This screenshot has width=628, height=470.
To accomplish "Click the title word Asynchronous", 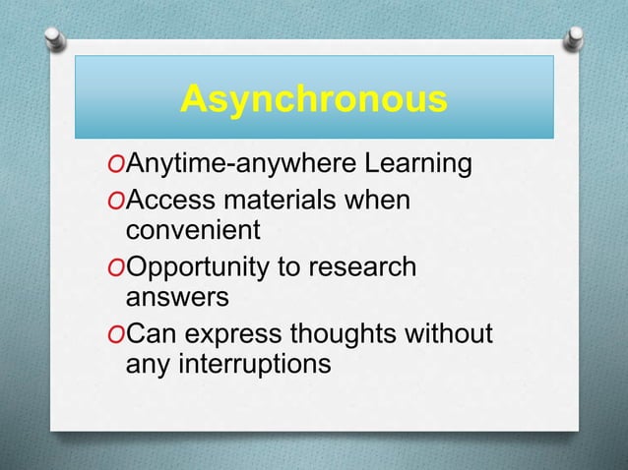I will point(314,100).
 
